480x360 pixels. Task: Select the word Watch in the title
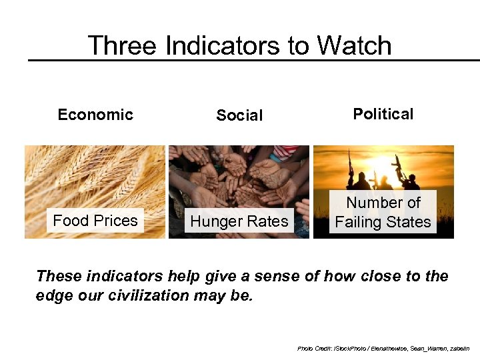coord(354,46)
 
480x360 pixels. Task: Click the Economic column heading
coord(95,115)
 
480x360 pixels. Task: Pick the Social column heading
coord(239,116)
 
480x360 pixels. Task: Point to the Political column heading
coord(383,114)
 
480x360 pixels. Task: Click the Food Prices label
coord(95,221)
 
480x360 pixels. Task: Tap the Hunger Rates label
coord(239,221)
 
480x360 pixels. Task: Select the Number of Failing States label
coord(383,212)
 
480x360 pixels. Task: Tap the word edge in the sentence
coord(55,295)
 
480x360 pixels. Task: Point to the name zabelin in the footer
coord(457,348)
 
